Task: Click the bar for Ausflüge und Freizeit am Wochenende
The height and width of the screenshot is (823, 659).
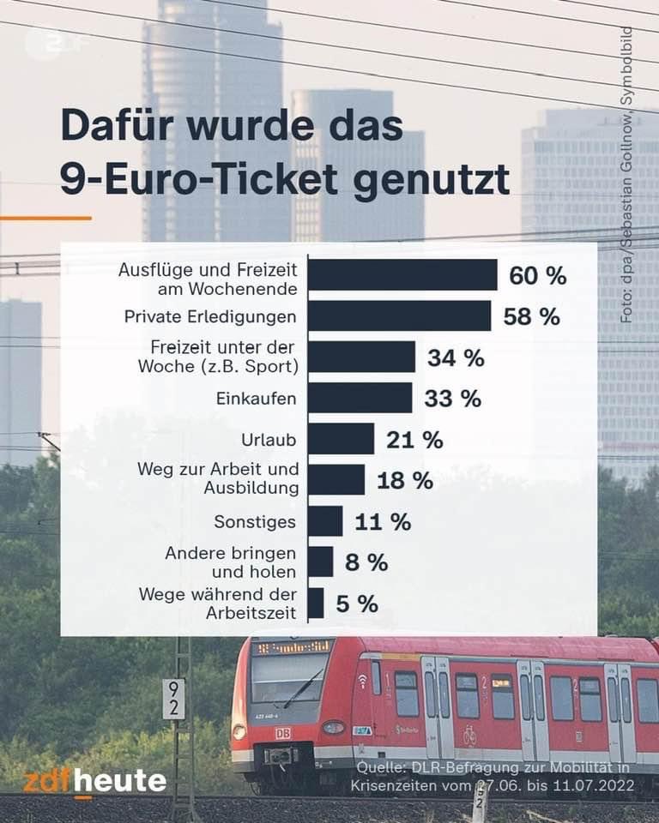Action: click(x=402, y=275)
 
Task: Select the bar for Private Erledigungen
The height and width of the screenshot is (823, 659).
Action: click(x=399, y=316)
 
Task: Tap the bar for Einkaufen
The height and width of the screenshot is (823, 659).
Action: click(x=360, y=398)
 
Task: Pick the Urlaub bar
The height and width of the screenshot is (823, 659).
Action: click(x=341, y=439)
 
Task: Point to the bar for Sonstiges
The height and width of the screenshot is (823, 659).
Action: click(x=325, y=521)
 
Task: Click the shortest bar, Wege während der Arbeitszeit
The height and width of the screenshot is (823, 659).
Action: click(x=316, y=603)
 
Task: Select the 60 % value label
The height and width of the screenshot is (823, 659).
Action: click(x=538, y=276)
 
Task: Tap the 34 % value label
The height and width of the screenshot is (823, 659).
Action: click(x=456, y=357)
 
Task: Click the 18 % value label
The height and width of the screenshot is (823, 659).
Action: click(x=405, y=480)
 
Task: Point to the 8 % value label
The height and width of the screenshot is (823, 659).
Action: click(x=366, y=562)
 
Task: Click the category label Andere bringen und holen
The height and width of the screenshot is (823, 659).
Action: click(x=231, y=562)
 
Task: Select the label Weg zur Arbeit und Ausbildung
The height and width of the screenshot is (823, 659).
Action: click(x=218, y=479)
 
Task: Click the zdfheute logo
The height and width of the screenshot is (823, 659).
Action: click(x=94, y=781)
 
